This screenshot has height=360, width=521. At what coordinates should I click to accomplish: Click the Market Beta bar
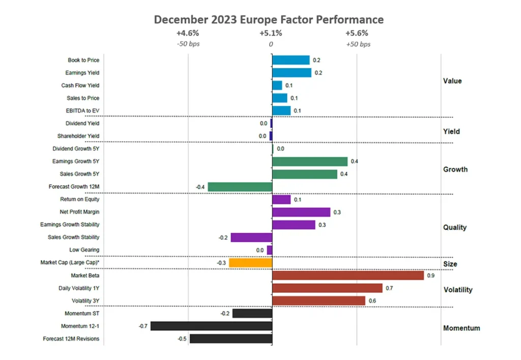point(348,276)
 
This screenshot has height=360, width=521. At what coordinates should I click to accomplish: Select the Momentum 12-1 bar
point(211,326)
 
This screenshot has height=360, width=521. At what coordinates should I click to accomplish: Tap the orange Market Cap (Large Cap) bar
point(250,263)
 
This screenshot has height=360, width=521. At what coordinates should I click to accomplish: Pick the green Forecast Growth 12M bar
point(240,187)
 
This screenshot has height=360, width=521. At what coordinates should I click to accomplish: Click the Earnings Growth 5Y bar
point(310,162)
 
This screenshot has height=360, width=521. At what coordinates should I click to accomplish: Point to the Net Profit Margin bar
point(301,212)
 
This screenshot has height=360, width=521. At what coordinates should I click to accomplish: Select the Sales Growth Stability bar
point(251,237)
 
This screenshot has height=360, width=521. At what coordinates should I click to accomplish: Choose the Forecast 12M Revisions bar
point(231,339)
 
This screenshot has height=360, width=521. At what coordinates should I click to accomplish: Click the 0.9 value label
point(431,276)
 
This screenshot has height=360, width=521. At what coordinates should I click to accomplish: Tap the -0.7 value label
point(143,326)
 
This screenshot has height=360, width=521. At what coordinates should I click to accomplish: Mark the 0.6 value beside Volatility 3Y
point(372,301)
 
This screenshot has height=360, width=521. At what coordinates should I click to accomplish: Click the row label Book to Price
point(83,61)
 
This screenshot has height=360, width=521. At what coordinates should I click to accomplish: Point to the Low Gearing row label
point(84,250)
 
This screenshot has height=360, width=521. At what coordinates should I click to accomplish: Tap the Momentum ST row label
point(82,313)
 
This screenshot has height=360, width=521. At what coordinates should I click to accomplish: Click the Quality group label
point(454,227)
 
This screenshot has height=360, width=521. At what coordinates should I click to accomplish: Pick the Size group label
point(450,264)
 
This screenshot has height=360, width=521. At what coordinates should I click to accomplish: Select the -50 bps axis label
point(188,44)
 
